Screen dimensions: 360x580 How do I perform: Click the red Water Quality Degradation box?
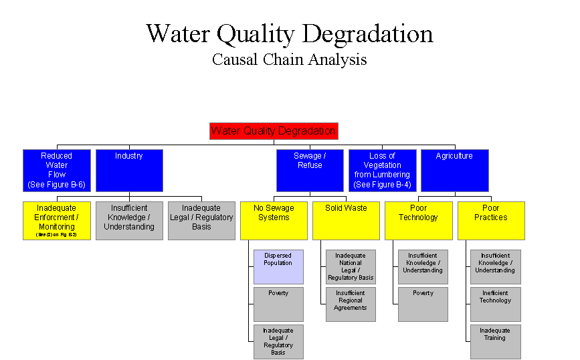274,130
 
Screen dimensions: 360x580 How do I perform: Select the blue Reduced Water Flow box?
57,170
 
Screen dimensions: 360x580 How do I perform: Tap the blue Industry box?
129,170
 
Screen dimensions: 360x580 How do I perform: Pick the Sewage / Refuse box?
310,170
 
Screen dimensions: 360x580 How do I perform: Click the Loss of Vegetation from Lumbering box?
382,170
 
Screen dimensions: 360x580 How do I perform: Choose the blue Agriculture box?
454,170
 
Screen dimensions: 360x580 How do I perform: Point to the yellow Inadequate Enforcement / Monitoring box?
57,220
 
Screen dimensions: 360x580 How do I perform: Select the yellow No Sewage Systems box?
274,220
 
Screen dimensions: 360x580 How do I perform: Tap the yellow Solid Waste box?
346,220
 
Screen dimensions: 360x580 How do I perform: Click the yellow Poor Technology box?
418,220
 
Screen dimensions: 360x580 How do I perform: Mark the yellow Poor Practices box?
491,220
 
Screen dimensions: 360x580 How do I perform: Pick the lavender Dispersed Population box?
278,266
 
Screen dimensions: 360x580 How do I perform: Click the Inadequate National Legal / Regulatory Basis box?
351,266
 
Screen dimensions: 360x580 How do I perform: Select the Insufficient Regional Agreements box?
351,304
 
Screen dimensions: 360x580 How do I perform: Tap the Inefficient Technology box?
495,304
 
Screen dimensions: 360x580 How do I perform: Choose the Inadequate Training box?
495,341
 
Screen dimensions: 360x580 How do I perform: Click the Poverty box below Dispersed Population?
278,304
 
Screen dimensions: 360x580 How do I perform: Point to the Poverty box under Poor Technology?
423,304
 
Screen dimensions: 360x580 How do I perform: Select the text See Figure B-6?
57,184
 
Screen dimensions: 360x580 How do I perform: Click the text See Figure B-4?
382,184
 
